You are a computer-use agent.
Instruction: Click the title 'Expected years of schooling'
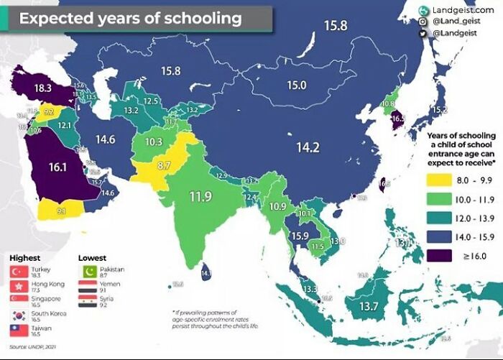130,18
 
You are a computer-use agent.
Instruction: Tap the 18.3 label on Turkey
42,88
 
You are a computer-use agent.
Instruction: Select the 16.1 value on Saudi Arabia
58,167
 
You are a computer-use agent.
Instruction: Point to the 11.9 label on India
200,195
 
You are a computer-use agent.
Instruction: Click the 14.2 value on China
307,148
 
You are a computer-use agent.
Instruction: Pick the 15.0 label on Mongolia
297,85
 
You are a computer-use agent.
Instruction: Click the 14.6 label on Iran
106,139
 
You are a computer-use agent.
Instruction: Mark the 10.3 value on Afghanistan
153,142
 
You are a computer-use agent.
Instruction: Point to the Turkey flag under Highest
19,272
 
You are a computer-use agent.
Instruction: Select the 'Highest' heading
24,257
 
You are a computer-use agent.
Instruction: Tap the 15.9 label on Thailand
300,236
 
